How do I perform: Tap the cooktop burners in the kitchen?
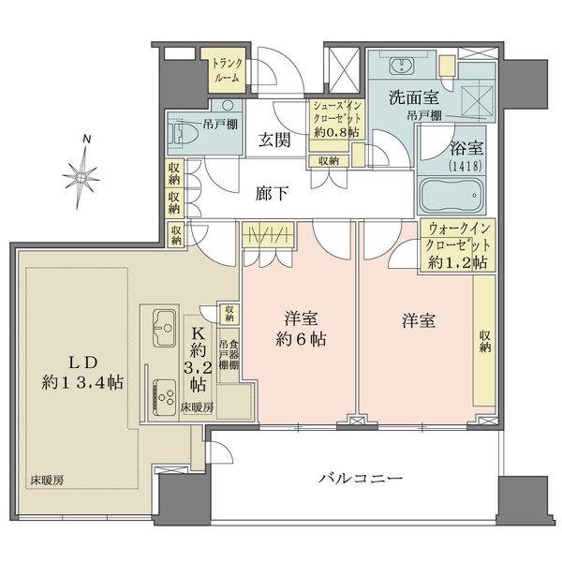(164, 391)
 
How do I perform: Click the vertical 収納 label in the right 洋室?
(483, 342)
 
